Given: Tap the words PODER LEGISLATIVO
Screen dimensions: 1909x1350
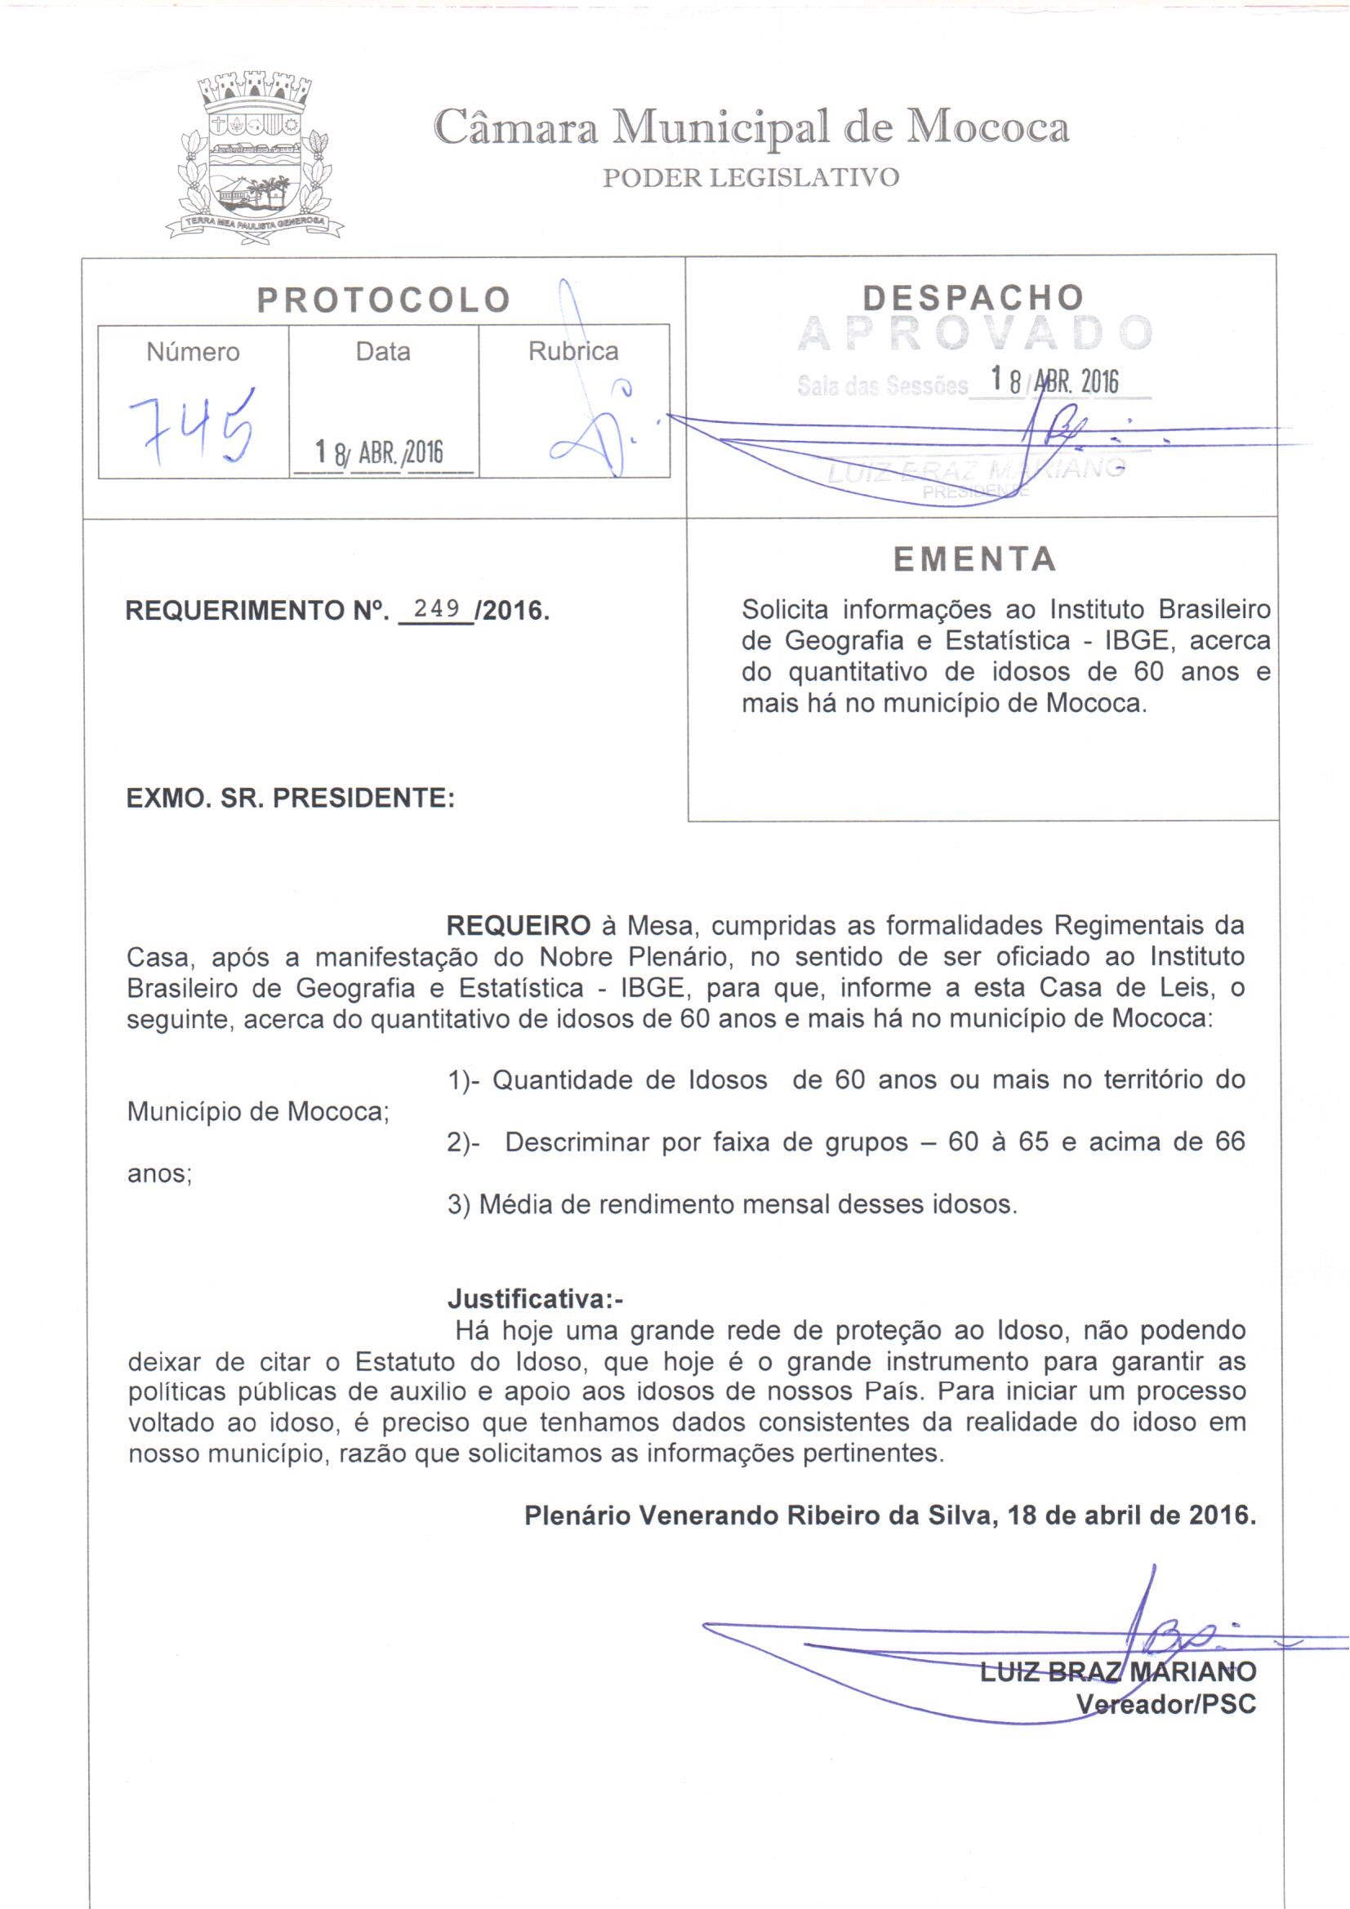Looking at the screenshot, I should (751, 177).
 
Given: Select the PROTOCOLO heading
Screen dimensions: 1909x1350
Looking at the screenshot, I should (384, 300).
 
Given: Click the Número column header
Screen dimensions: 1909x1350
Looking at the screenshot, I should (193, 353).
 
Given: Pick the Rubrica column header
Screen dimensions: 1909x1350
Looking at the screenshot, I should (573, 352).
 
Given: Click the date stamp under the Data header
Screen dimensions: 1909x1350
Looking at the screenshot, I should (380, 452).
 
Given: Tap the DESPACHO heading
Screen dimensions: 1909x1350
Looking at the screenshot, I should (974, 298).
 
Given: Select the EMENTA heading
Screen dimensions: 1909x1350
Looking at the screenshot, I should (975, 559).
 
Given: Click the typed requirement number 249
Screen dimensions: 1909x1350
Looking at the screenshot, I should (437, 608).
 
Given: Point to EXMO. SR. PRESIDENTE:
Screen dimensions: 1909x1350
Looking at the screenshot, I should (290, 799).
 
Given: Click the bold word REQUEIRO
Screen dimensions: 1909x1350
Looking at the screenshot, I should (519, 925).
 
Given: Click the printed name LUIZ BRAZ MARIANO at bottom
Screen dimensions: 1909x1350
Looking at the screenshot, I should (1117, 1671).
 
